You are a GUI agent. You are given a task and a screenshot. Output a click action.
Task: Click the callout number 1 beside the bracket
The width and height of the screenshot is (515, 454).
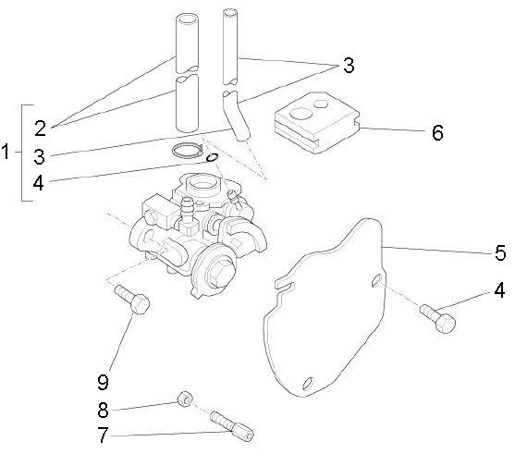(6, 152)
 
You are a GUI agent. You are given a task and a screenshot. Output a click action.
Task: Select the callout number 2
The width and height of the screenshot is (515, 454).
(41, 129)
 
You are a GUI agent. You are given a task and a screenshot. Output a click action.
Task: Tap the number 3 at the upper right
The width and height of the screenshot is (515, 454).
(349, 65)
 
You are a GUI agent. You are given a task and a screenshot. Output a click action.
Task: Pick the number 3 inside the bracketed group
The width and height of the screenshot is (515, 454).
(40, 156)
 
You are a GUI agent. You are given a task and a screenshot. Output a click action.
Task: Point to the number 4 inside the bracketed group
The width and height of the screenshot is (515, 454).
(39, 183)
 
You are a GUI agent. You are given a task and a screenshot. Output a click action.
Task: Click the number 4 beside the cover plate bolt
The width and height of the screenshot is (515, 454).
(499, 290)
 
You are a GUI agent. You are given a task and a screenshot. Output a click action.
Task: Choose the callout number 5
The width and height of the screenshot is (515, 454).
(500, 253)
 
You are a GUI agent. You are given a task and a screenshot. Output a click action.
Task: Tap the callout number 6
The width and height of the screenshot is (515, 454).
(437, 133)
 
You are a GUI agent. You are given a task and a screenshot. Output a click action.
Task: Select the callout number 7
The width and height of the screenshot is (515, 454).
(104, 435)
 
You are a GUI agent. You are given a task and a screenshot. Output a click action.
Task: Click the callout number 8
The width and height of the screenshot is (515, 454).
(104, 411)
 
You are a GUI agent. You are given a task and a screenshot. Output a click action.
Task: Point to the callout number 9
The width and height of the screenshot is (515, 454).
(104, 382)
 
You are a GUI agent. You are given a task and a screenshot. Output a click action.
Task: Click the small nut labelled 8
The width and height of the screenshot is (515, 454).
(185, 399)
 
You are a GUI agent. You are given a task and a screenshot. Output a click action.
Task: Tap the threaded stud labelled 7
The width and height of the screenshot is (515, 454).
(232, 426)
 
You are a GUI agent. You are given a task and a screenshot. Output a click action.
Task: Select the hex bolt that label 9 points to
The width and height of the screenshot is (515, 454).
(132, 300)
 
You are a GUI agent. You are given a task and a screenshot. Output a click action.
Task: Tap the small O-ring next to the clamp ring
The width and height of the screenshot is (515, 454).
(212, 158)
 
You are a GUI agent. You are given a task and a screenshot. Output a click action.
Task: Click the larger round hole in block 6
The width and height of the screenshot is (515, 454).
(301, 114)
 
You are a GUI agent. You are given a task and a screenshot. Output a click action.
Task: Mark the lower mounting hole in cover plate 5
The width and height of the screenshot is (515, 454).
(308, 383)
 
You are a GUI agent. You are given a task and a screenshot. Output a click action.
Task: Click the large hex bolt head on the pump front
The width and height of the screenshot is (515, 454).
(219, 271)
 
